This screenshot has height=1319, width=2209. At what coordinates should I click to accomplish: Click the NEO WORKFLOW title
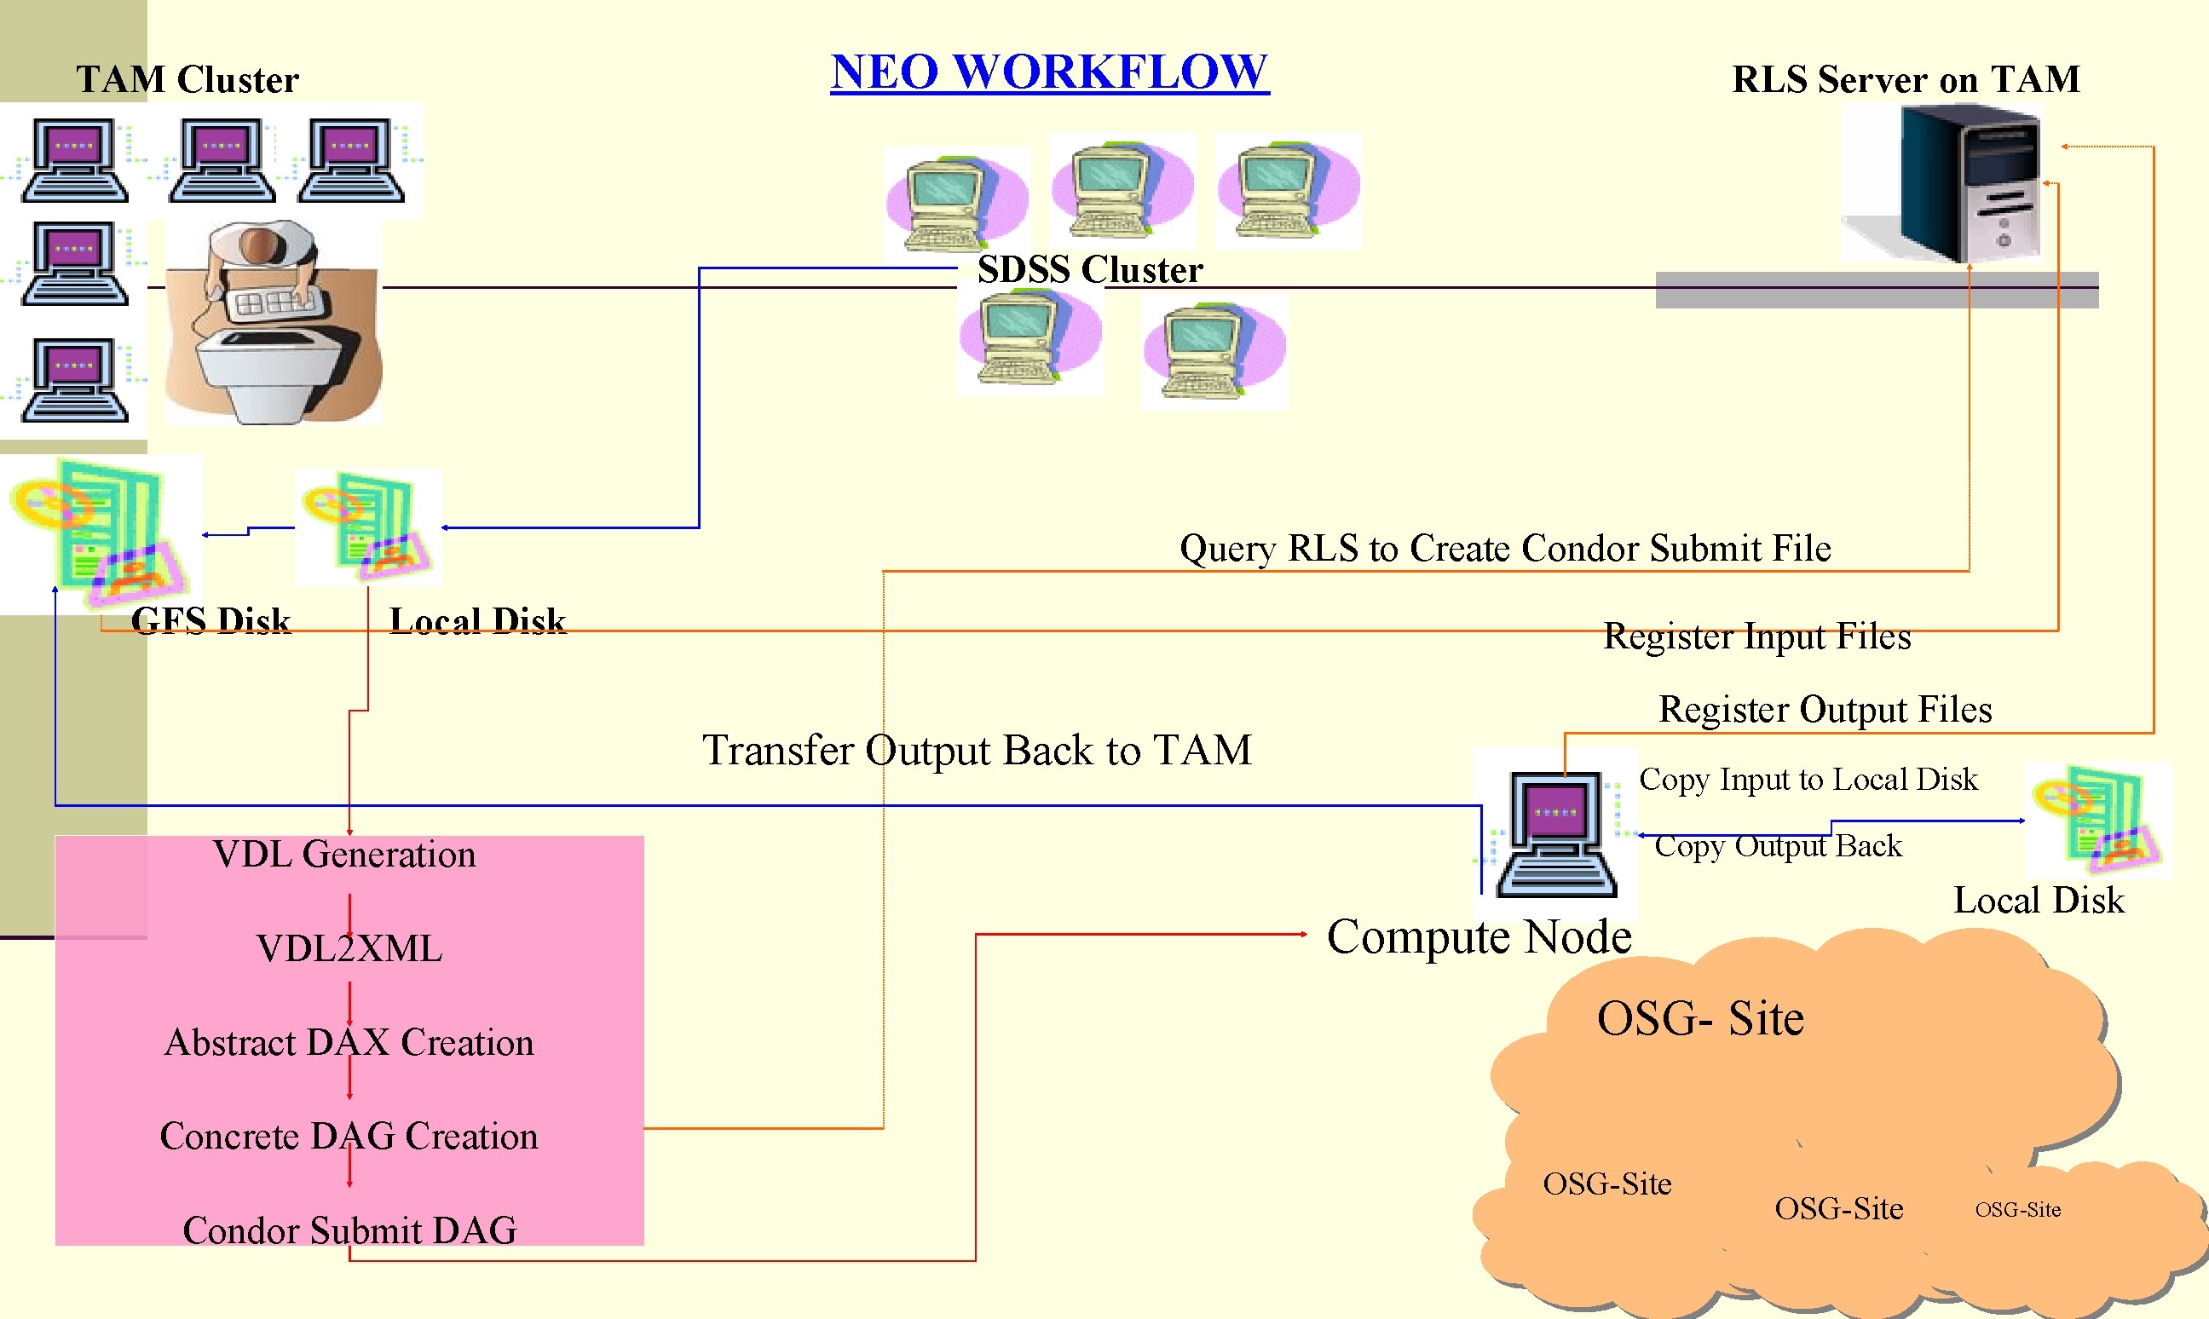1049,72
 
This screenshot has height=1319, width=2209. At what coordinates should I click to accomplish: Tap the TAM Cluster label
187,80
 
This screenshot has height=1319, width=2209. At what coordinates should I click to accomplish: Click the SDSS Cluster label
1090,270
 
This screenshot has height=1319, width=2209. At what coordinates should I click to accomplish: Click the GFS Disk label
211,620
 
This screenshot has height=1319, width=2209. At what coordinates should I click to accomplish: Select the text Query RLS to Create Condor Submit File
1505,549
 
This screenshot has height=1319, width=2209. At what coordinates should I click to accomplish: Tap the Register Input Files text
1756,636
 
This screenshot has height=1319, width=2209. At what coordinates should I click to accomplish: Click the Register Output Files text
1825,710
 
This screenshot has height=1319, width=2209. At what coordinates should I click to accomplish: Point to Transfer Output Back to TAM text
977,750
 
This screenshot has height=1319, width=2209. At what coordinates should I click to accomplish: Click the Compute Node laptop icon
1555,833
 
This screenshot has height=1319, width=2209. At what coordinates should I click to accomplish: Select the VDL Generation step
345,854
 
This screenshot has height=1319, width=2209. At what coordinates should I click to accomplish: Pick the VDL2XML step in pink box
349,948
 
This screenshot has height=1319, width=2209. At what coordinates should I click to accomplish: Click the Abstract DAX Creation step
349,1043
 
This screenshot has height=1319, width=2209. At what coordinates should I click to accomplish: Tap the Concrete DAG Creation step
349,1137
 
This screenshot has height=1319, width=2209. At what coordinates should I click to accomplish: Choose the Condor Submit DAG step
349,1231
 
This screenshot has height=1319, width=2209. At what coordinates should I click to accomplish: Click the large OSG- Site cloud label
1699,1018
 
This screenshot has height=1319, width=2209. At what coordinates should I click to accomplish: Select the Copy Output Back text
1778,846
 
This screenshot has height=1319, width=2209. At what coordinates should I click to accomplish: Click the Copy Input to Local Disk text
1808,780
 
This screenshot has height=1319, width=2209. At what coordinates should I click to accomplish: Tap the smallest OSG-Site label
2018,1210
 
